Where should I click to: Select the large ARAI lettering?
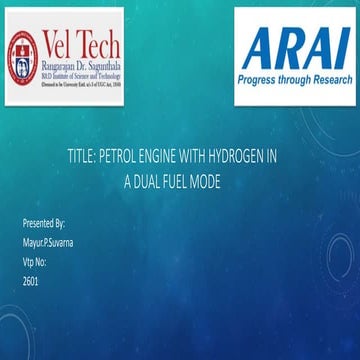point(294,47)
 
